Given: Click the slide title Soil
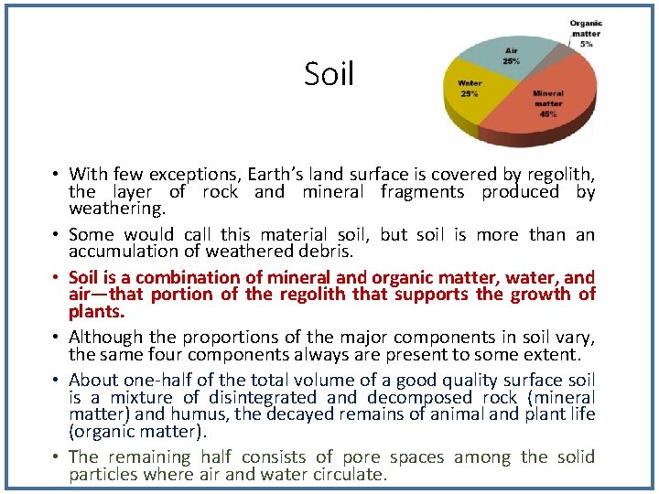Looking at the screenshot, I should [329, 74].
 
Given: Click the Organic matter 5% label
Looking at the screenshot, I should [586, 33].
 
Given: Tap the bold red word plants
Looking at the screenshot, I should [95, 311].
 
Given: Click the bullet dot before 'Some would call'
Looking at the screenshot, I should [56, 235].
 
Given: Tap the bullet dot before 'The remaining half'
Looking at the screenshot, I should [56, 457].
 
